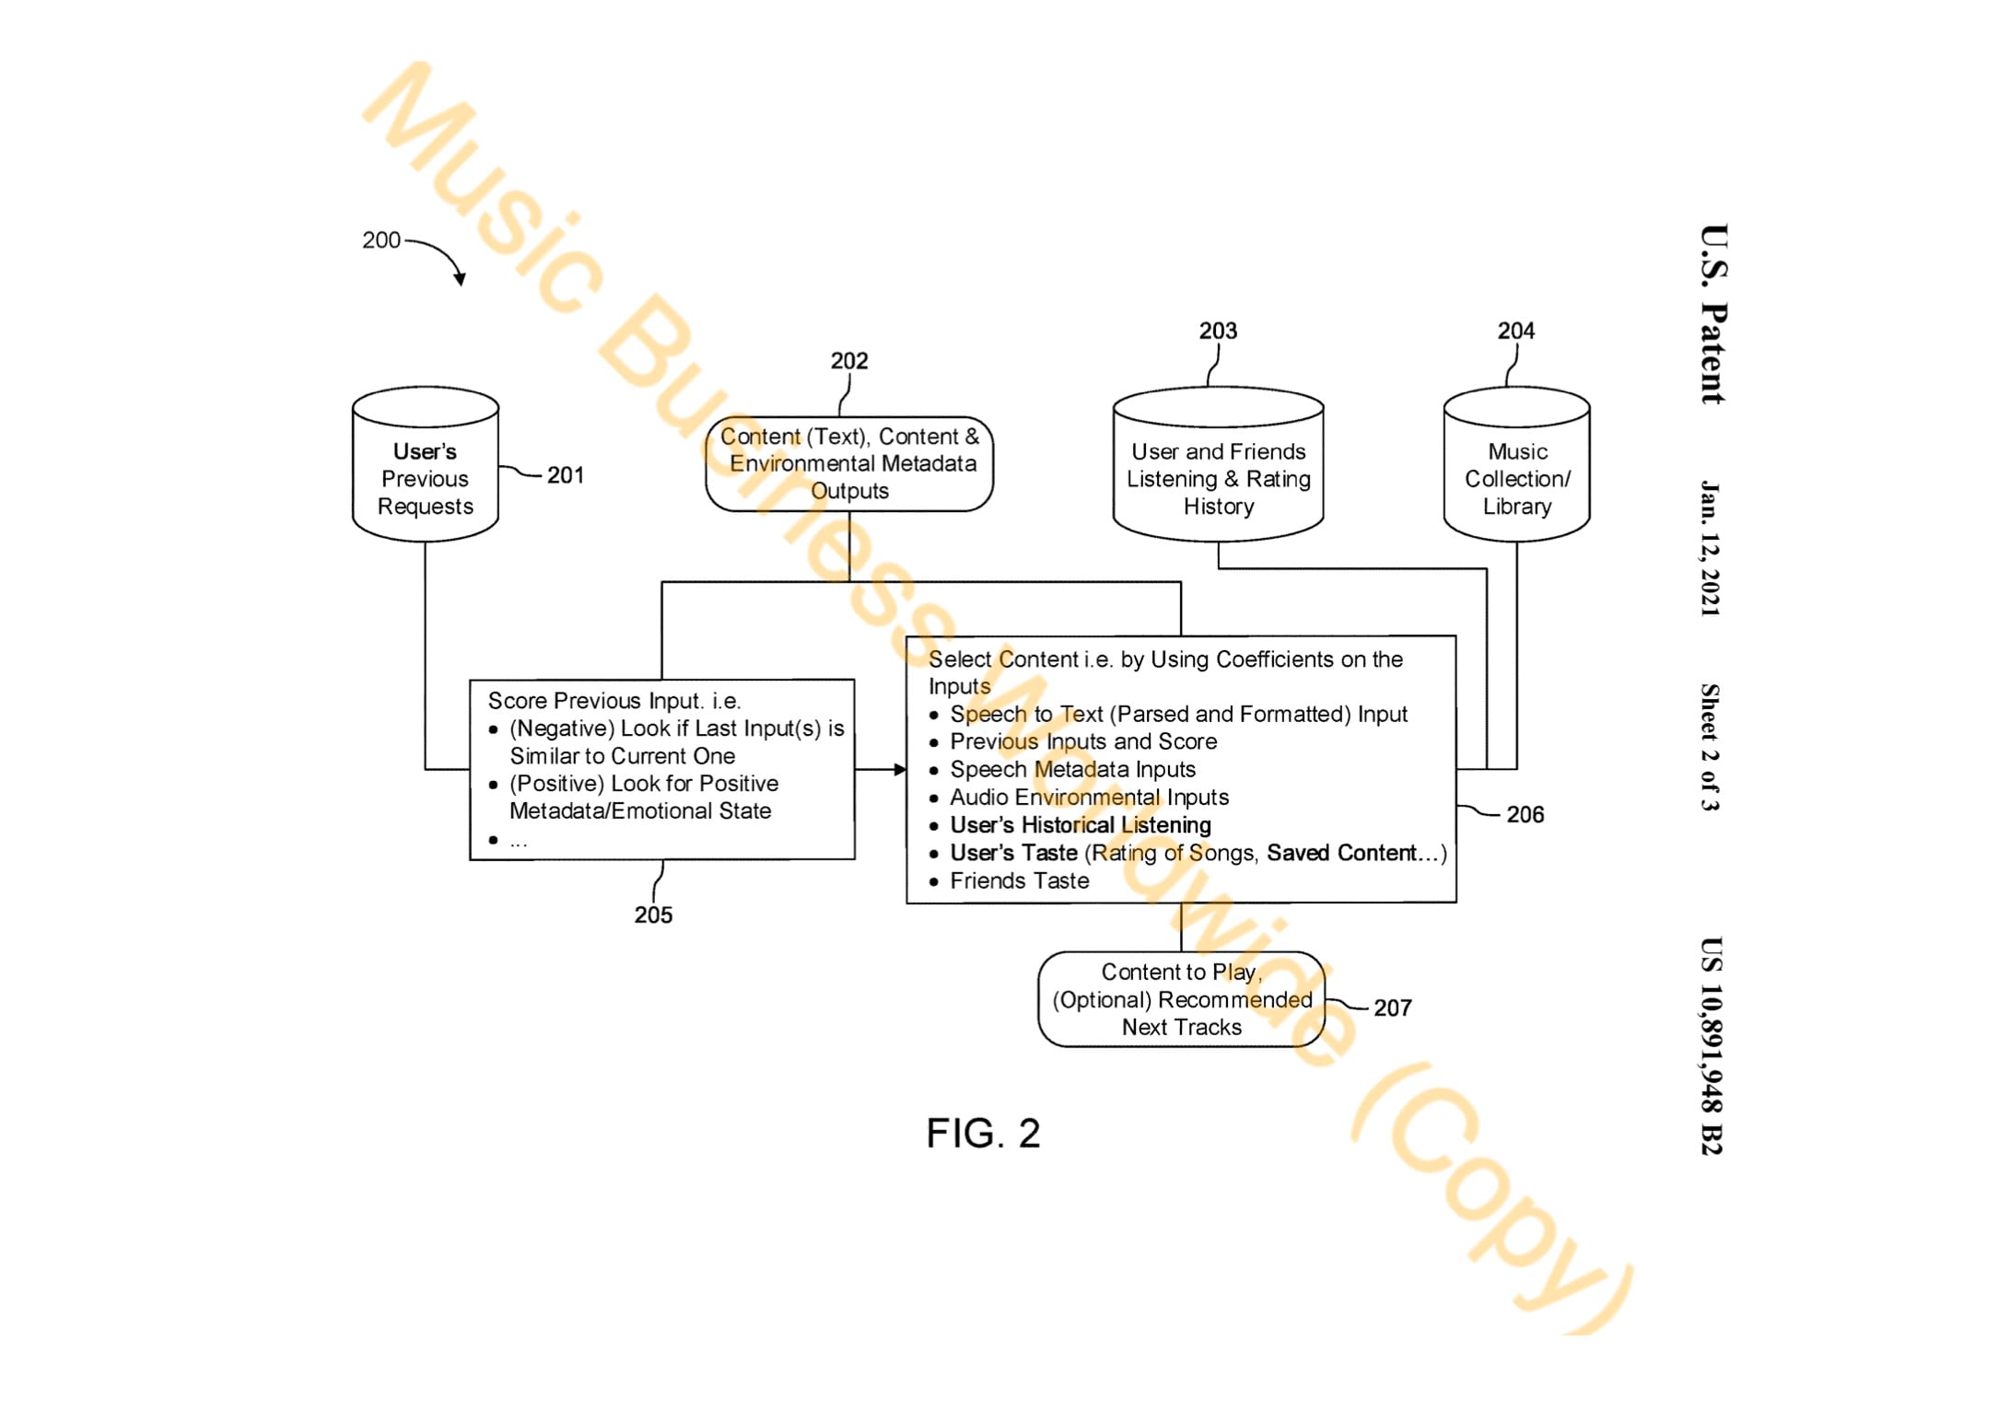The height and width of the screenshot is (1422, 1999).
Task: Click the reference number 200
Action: [380, 240]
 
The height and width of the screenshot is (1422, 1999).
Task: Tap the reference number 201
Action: [565, 475]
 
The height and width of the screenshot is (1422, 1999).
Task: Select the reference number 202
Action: [848, 361]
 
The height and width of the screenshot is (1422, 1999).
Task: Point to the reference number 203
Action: [1217, 331]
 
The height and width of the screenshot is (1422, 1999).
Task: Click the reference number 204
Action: [1515, 331]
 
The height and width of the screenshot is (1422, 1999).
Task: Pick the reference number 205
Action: [652, 915]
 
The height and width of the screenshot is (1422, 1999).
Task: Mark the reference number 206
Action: [1525, 814]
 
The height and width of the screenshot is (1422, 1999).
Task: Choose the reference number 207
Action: [1392, 1008]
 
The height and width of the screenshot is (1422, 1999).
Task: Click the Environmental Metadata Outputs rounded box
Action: [848, 463]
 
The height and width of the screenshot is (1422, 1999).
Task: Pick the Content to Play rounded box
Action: [1181, 999]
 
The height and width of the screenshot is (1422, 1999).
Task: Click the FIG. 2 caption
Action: [983, 1133]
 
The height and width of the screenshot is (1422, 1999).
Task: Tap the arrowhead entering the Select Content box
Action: [900, 769]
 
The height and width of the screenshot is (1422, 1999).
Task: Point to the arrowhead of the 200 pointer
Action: [460, 279]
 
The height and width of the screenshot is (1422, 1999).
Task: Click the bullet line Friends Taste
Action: [1019, 880]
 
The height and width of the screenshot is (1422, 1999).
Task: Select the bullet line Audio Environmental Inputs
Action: [1089, 797]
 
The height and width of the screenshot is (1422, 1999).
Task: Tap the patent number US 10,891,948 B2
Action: [1710, 1045]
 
